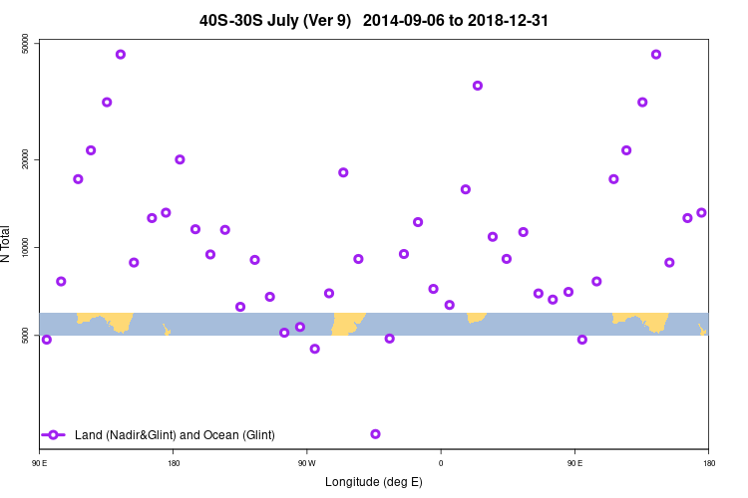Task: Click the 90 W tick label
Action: (306, 463)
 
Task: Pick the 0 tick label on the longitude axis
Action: (441, 463)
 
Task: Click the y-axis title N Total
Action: (7, 244)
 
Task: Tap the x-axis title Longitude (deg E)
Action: (374, 482)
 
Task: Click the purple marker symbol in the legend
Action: (54, 434)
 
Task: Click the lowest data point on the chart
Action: (375, 434)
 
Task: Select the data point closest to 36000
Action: (478, 86)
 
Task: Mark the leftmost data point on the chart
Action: (46, 340)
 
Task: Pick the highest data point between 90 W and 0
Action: (343, 172)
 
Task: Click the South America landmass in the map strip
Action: (348, 323)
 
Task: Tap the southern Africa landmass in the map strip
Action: (476, 318)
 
